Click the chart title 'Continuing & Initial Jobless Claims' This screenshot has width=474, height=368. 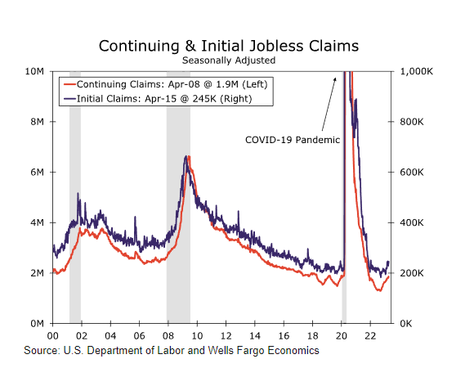(x=229, y=47)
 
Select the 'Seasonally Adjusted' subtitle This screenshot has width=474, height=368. (x=229, y=61)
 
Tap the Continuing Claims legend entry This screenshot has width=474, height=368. (x=166, y=84)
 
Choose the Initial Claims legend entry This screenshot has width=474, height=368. (x=158, y=99)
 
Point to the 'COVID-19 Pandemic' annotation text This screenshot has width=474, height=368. (x=293, y=140)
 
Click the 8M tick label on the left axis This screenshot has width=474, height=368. (x=37, y=122)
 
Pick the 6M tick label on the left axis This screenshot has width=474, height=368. (x=37, y=173)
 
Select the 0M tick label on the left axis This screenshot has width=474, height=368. (x=37, y=324)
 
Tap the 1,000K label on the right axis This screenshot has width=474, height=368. (x=417, y=72)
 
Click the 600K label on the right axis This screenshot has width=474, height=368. (x=412, y=173)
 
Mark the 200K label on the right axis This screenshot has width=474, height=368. (x=412, y=273)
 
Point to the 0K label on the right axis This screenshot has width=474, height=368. (x=406, y=324)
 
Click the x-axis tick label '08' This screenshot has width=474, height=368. (x=168, y=336)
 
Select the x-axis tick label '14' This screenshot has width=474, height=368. (x=255, y=336)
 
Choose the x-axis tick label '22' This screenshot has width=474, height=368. (x=370, y=336)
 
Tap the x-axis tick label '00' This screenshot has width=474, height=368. (x=52, y=336)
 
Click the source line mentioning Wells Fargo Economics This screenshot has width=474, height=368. (x=172, y=351)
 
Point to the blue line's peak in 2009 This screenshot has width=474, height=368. (x=186, y=156)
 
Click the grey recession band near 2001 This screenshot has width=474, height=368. (x=75, y=197)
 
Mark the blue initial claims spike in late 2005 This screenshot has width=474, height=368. (x=135, y=217)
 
